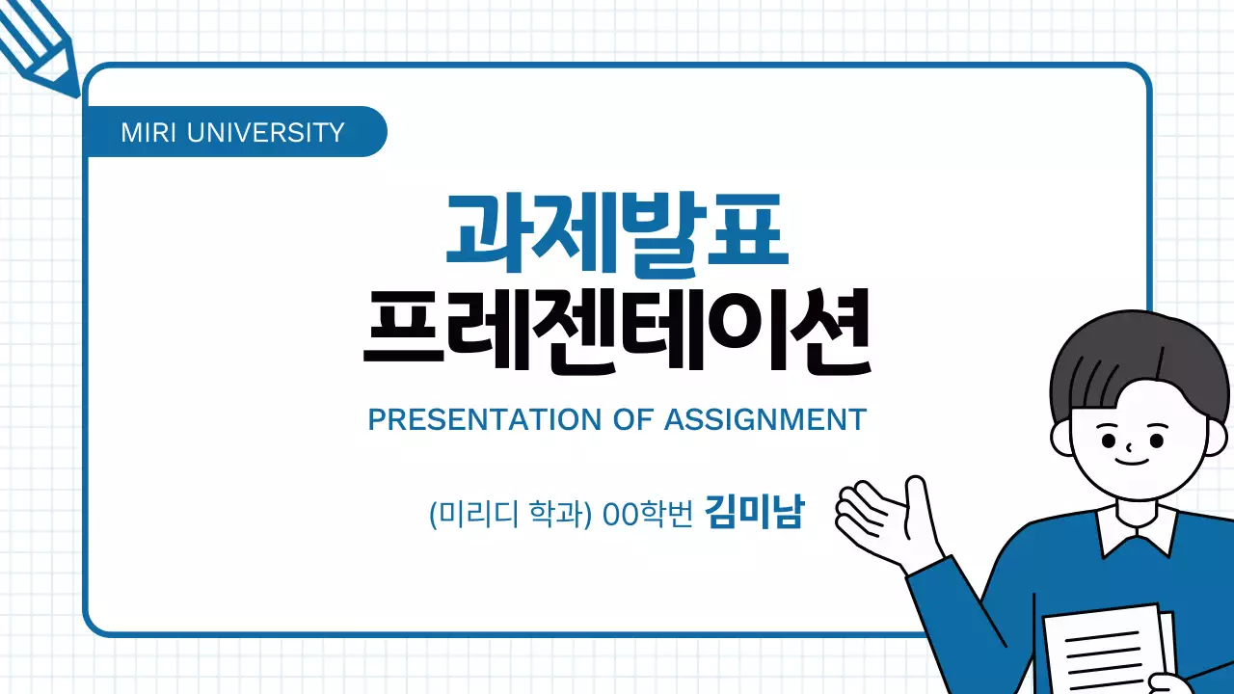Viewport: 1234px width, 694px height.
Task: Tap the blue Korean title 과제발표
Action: click(x=617, y=230)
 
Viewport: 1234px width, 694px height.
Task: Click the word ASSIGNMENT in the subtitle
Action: click(x=765, y=420)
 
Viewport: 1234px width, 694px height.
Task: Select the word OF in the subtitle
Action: click(x=631, y=420)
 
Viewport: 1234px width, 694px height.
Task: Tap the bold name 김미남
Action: click(x=753, y=512)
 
